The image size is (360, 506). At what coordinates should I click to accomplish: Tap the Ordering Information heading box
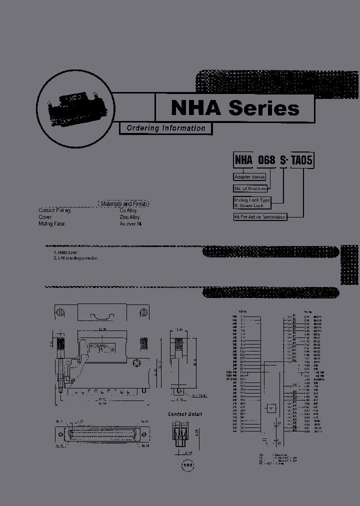tap(165, 128)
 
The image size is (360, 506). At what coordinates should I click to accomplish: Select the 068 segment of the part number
tap(266, 160)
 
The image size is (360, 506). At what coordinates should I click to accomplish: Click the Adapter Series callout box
tap(249, 177)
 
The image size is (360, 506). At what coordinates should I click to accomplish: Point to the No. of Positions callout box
tap(250, 188)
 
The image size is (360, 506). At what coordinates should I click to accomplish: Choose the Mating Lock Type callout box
tap(252, 202)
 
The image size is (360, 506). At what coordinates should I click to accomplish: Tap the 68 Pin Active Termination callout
tap(260, 217)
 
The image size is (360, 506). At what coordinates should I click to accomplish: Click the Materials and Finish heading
tap(123, 204)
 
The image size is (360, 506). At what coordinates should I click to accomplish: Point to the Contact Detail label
tap(185, 414)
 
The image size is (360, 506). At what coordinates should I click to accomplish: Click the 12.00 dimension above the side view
tap(179, 330)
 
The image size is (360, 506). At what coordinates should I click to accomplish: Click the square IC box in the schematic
tap(270, 407)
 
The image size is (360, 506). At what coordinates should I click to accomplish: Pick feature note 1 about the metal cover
tap(65, 253)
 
